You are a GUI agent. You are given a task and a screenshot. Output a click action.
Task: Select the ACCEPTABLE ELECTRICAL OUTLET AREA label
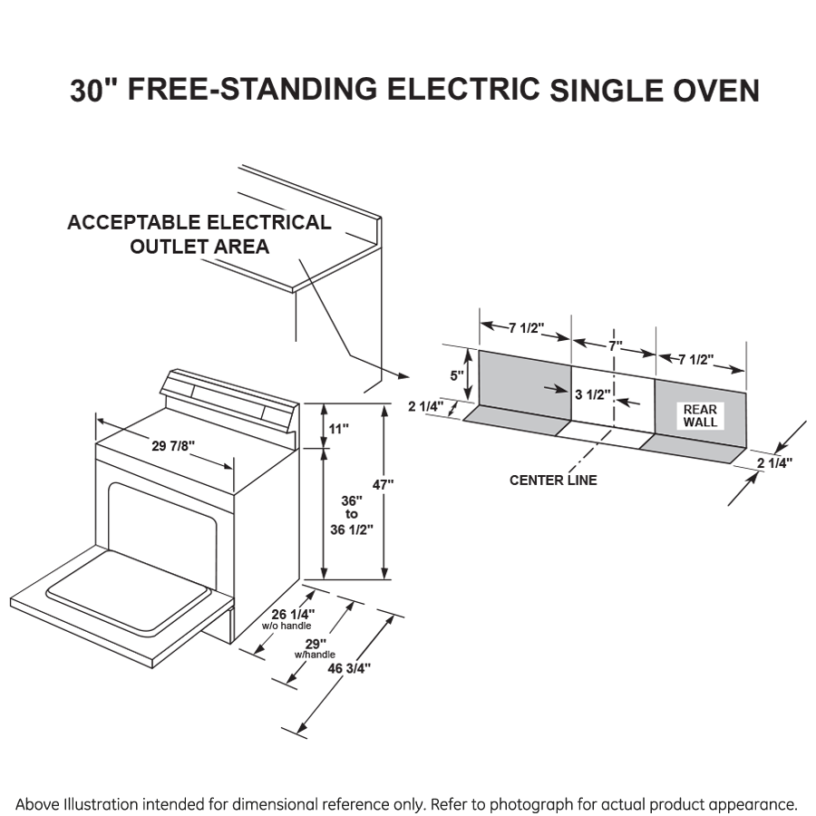click(199, 234)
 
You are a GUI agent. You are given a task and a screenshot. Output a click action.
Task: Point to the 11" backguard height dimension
click(339, 428)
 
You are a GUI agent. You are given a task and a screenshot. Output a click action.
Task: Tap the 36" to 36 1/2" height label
click(352, 514)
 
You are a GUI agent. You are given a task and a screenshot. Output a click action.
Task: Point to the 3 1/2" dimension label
click(591, 393)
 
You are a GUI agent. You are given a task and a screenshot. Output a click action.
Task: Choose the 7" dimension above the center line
click(616, 346)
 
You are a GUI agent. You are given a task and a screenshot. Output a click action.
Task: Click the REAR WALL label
click(700, 416)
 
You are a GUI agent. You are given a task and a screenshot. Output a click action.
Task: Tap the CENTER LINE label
click(553, 480)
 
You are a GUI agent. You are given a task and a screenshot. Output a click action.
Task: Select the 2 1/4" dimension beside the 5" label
click(425, 407)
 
